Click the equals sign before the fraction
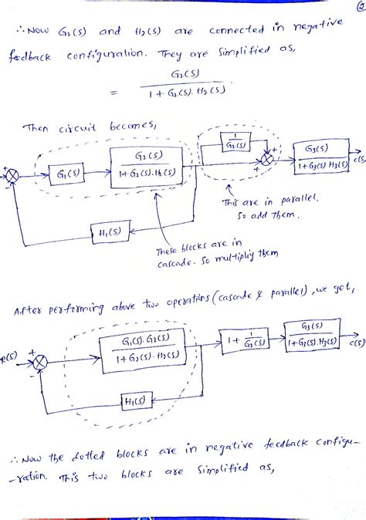[x=114, y=94]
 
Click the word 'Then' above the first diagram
[x=38, y=127]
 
